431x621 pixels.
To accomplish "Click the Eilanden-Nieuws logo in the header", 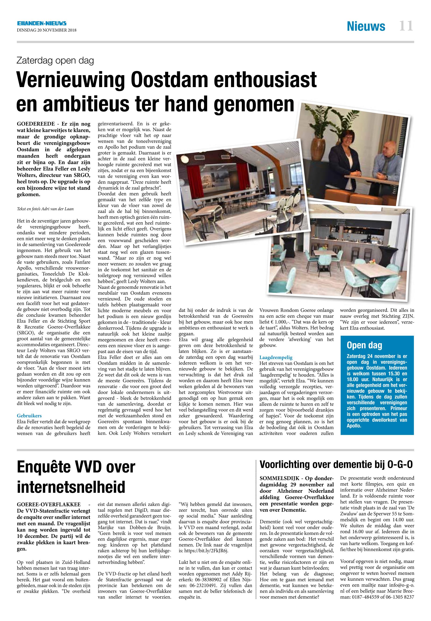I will [x=42, y=24].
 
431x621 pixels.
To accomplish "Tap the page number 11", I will [x=406, y=26].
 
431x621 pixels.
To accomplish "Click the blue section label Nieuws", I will [x=366, y=26].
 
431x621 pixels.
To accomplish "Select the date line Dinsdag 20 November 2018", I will [x=46, y=30].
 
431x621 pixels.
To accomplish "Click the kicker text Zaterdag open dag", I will [x=55, y=61].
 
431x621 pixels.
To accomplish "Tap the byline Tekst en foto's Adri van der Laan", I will [x=45, y=209].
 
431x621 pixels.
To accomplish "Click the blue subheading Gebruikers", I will [x=29, y=416].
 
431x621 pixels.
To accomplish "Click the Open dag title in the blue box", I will [x=364, y=345].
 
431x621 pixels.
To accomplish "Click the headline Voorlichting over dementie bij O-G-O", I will [x=336, y=464].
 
